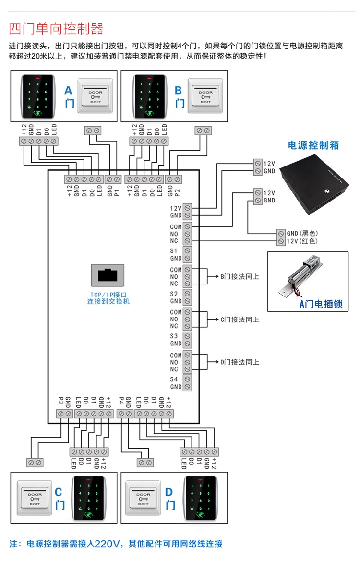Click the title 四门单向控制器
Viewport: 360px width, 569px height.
56,28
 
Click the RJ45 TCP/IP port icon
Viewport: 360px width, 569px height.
108,276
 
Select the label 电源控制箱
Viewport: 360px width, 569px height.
313,145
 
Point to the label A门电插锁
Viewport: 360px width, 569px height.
321,304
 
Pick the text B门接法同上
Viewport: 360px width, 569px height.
240,277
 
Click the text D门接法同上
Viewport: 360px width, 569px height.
240,362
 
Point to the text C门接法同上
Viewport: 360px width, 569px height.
240,320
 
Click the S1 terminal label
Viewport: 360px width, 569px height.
174,251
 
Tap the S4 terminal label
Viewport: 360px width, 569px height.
174,379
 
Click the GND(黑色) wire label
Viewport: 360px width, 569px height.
302,233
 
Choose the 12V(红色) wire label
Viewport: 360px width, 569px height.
302,241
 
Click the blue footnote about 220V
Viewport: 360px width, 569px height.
116,544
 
